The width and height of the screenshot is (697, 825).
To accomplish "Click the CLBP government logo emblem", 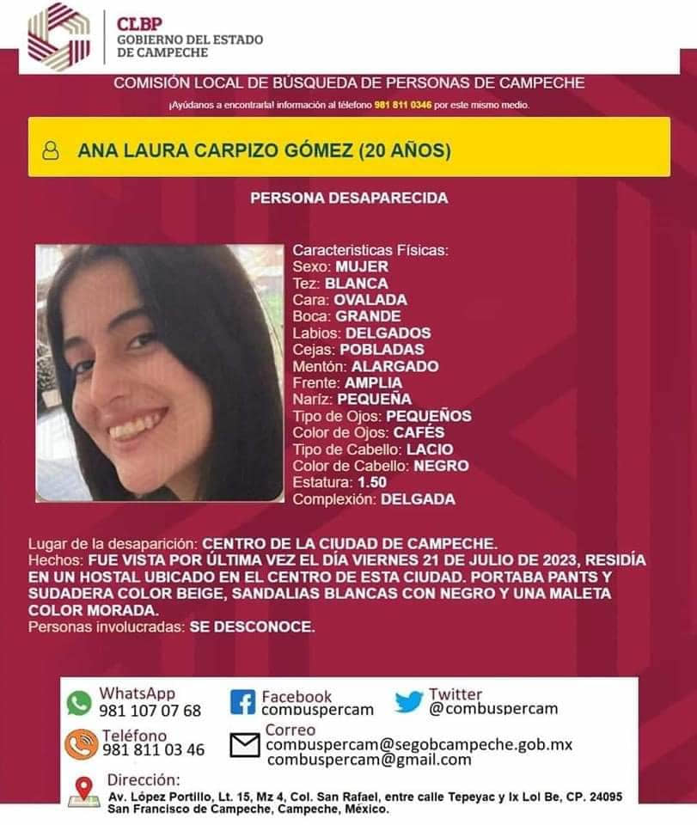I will [x=58, y=37].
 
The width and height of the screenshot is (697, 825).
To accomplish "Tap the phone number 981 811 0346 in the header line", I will [x=403, y=105].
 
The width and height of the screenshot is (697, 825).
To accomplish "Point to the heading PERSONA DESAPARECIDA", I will [x=349, y=198].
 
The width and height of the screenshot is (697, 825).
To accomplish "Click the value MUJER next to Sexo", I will [x=362, y=266].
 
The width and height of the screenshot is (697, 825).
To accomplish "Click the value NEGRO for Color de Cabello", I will [x=441, y=466].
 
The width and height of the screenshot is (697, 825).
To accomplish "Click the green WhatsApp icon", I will [x=79, y=703].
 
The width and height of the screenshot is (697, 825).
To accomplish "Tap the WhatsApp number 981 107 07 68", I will [x=150, y=711].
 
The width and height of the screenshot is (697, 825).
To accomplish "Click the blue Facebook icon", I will [x=243, y=703].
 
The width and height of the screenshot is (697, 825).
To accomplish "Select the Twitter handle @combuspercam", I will [x=493, y=709].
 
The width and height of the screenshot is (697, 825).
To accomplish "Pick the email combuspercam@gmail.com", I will [x=370, y=760].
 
